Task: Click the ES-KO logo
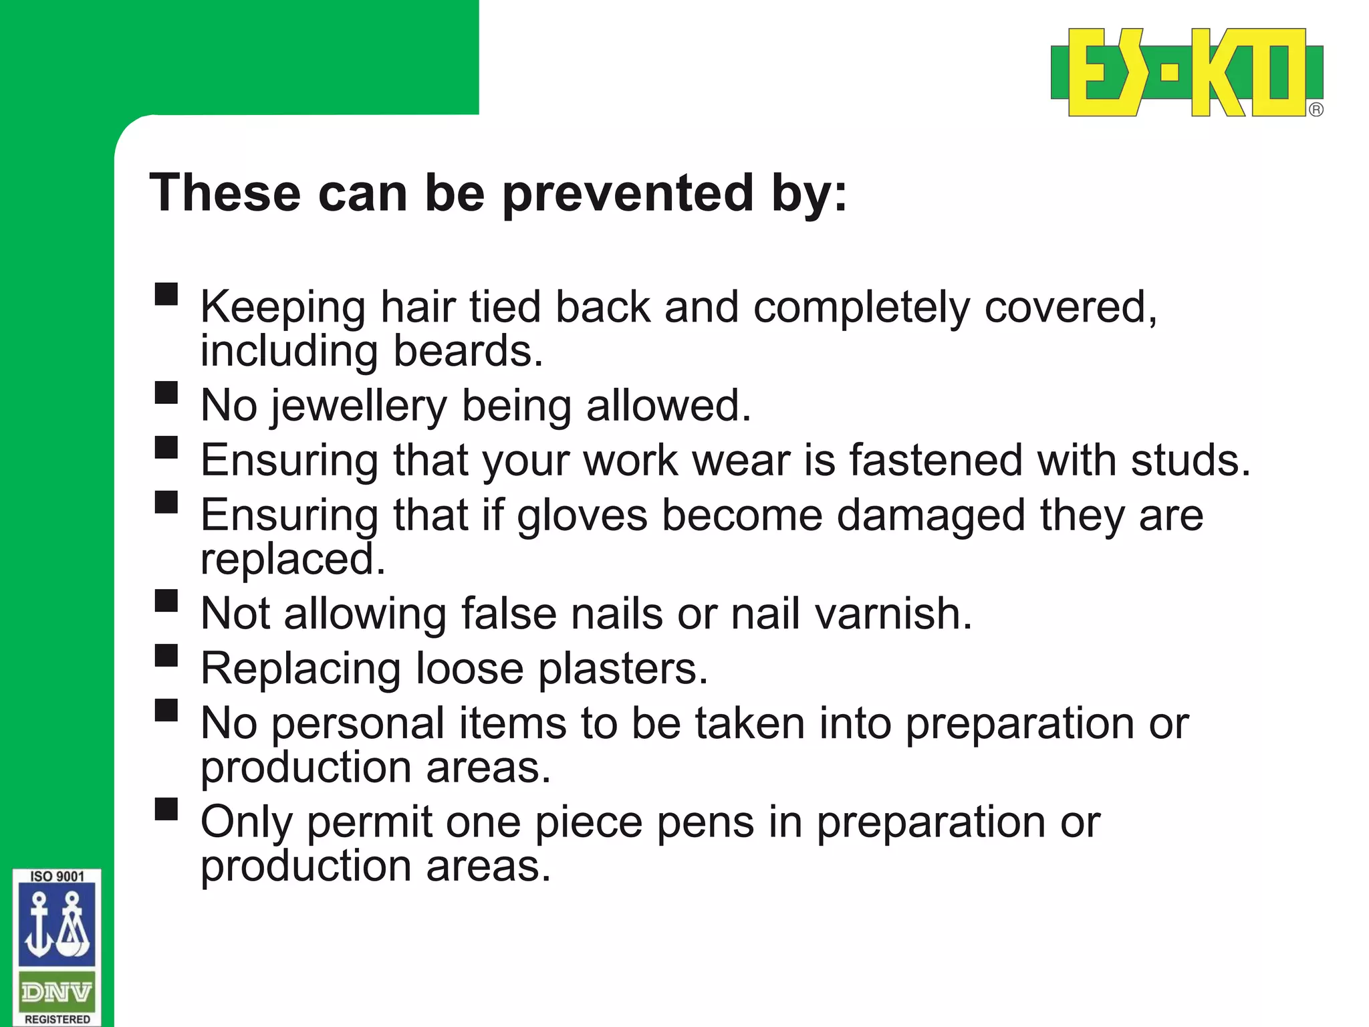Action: tap(1187, 72)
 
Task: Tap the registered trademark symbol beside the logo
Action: tap(1316, 110)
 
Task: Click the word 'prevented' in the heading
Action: tap(628, 193)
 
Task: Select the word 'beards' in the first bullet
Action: tap(467, 351)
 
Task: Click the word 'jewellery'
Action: tap(358, 406)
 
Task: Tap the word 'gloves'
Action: tap(582, 515)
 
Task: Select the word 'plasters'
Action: tap(622, 668)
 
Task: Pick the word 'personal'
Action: tap(358, 723)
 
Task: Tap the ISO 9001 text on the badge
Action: tap(57, 877)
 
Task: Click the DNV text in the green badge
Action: tap(56, 992)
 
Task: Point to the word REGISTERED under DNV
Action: tap(57, 1019)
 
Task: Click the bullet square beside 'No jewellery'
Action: tap(166, 392)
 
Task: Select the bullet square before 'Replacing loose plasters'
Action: tap(166, 655)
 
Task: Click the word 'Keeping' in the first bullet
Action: tap(283, 308)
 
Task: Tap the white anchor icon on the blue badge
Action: tap(39, 926)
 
